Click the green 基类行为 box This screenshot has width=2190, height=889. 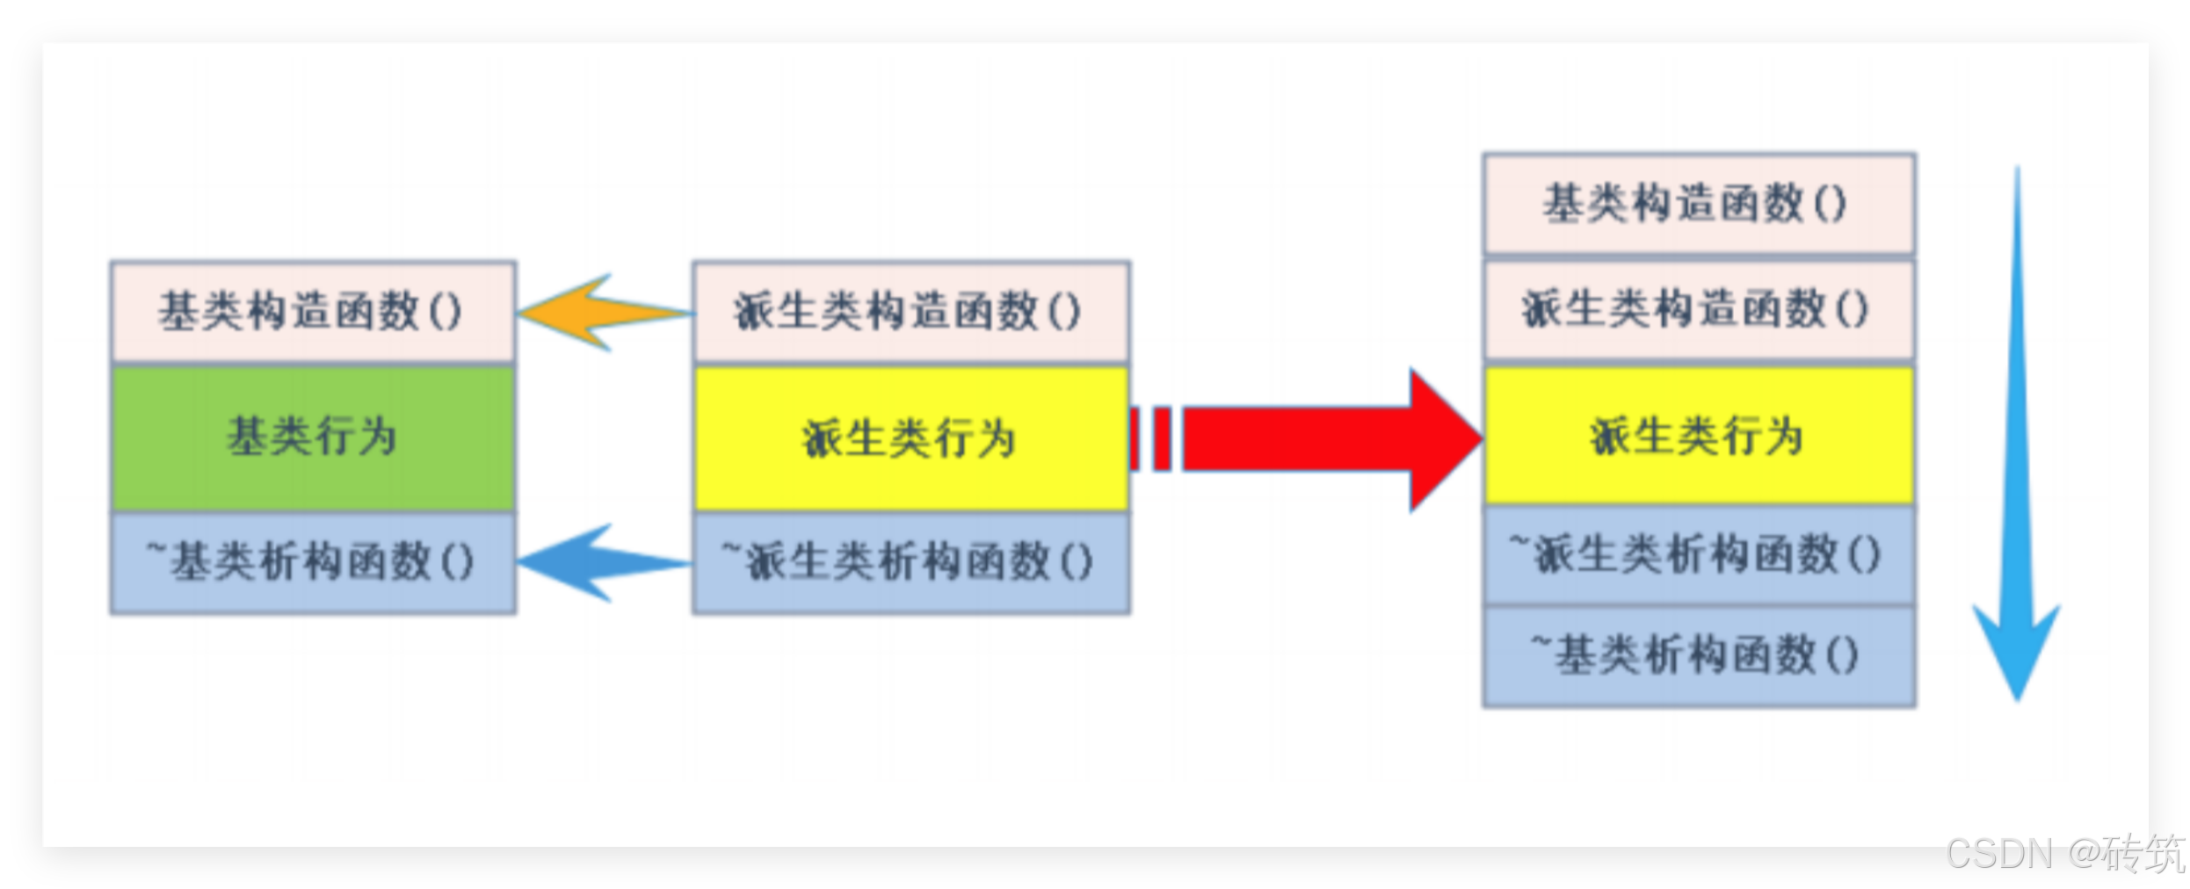click(x=313, y=437)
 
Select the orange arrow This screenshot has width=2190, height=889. click(x=598, y=313)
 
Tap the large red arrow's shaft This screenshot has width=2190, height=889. click(x=1292, y=438)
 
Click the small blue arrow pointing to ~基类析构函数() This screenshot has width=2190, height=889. click(x=598, y=562)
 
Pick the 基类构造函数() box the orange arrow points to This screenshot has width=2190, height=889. click(x=313, y=311)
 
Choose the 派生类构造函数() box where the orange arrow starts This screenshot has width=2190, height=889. click(x=910, y=311)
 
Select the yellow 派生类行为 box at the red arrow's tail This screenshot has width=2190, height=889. click(x=910, y=438)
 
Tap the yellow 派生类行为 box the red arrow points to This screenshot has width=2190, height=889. click(x=1698, y=436)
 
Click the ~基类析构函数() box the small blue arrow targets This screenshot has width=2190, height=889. click(x=313, y=562)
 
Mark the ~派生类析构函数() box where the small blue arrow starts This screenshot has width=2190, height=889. click(x=910, y=562)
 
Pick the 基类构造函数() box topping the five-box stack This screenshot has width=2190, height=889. click(x=1698, y=203)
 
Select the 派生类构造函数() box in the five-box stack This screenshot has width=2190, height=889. click(x=1698, y=309)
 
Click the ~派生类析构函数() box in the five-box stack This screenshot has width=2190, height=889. click(x=1698, y=555)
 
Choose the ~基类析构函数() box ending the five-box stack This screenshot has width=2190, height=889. click(x=1698, y=655)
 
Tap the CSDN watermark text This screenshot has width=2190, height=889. click(x=1998, y=854)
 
